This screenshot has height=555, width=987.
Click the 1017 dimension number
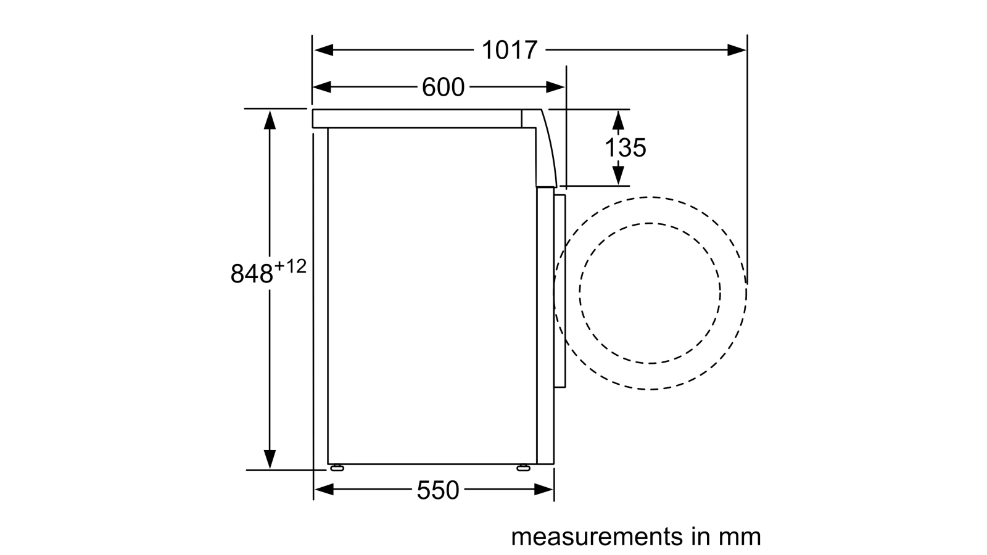pyautogui.click(x=510, y=50)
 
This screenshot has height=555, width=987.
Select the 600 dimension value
pyautogui.click(x=443, y=87)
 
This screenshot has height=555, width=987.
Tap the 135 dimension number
pyautogui.click(x=626, y=147)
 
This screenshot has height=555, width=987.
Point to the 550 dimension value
pyautogui.click(x=437, y=490)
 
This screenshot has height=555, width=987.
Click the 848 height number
pyautogui.click(x=252, y=274)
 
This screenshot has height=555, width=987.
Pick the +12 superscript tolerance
pyautogui.click(x=291, y=266)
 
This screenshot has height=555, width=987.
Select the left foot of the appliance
pyautogui.click(x=336, y=468)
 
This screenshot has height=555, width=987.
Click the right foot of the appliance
pyautogui.click(x=524, y=468)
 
